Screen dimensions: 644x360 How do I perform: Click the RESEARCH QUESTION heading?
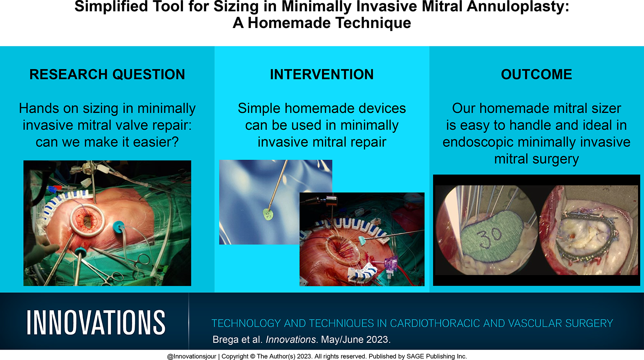click(x=107, y=74)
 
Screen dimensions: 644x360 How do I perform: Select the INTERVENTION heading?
click(x=322, y=74)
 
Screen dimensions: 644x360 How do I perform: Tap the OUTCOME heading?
click(x=537, y=74)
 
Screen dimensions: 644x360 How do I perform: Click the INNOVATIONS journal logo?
click(x=96, y=322)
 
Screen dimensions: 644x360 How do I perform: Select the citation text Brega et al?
click(x=237, y=339)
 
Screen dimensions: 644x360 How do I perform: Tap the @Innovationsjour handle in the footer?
click(x=191, y=356)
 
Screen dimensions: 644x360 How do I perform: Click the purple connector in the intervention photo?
click(x=390, y=264)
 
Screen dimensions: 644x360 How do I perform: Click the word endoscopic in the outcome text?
click(x=478, y=142)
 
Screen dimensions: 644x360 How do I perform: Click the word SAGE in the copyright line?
click(x=415, y=356)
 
